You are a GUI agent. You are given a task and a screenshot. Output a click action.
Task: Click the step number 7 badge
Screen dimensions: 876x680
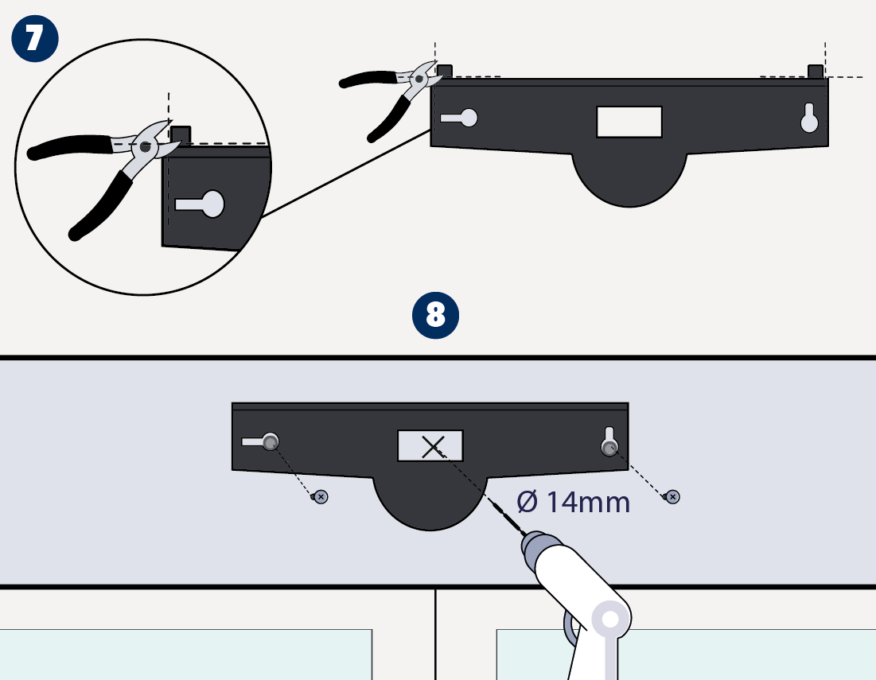click(35, 38)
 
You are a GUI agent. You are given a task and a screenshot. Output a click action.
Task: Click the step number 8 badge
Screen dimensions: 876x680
click(436, 316)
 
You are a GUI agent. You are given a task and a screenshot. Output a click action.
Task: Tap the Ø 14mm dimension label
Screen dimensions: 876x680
click(574, 502)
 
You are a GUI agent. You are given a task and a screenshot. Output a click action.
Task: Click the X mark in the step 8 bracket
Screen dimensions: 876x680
click(433, 447)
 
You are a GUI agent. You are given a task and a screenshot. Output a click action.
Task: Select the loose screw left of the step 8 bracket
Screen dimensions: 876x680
click(320, 496)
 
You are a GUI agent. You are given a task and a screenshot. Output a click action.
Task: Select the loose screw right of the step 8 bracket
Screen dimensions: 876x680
click(672, 496)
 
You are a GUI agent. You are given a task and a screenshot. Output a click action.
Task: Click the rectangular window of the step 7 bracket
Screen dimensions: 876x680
click(629, 122)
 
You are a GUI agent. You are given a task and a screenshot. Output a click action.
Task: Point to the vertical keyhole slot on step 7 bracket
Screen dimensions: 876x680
click(809, 118)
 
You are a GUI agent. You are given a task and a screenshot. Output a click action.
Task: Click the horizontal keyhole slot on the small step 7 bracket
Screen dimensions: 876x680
click(459, 118)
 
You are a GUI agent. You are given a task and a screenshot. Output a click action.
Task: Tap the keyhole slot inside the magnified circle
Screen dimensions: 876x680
click(200, 204)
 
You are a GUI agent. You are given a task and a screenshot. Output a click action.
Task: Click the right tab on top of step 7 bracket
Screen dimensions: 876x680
click(816, 72)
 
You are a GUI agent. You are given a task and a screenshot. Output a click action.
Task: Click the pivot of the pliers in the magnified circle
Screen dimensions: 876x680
click(146, 147)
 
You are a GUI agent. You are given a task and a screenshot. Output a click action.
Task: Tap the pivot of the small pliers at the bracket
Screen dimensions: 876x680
click(419, 80)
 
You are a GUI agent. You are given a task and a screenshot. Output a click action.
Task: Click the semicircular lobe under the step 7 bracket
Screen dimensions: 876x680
click(629, 180)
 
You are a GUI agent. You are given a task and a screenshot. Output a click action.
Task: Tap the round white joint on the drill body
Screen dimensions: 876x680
click(610, 619)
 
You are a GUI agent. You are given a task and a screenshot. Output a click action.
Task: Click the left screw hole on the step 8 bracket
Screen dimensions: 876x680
click(271, 442)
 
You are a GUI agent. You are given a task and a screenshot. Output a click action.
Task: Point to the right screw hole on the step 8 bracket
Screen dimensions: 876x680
click(609, 447)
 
